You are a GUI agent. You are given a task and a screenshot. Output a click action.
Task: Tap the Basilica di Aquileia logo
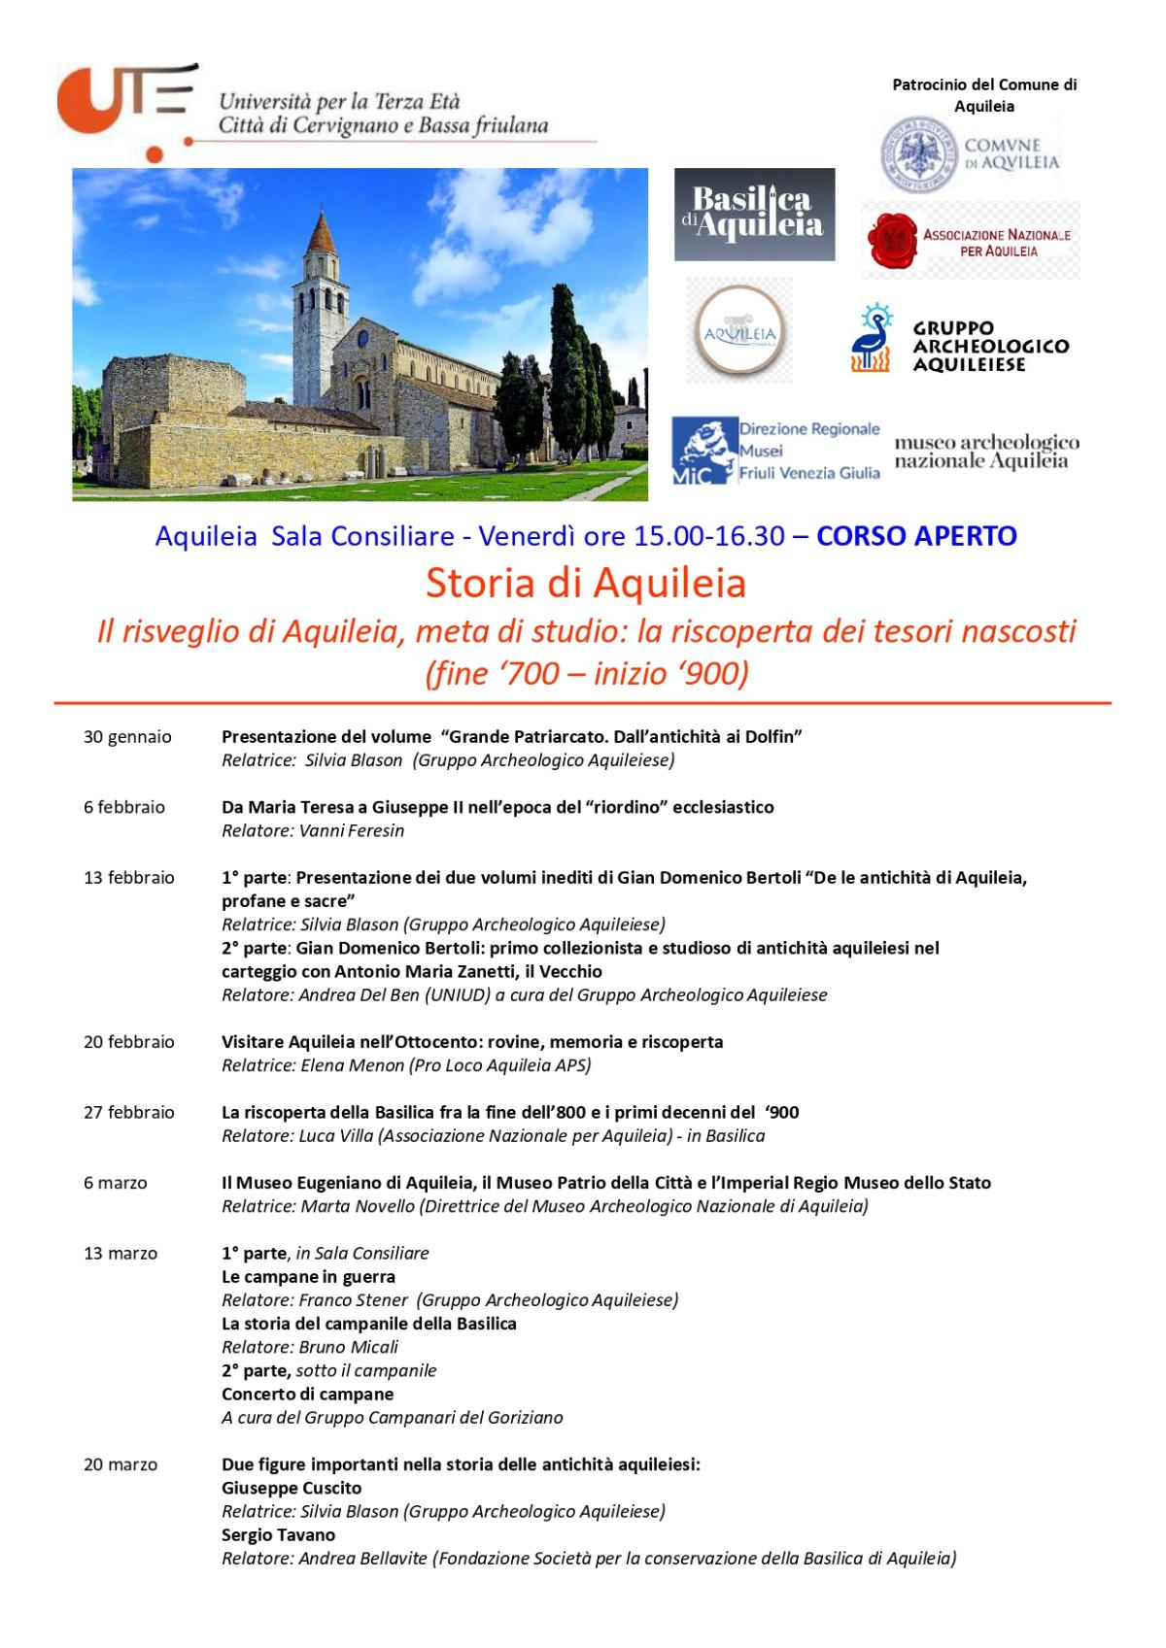coord(754,215)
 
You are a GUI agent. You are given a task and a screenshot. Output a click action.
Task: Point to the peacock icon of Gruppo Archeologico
coord(871,339)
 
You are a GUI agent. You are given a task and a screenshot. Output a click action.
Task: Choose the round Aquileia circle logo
coord(739,330)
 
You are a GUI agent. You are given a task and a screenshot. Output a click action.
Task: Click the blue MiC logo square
coord(704,451)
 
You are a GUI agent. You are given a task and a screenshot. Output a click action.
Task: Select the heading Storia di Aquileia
coord(585,584)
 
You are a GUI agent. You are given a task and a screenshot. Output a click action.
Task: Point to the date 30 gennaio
coord(127,737)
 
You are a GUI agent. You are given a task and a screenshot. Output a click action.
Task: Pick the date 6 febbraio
coord(124,807)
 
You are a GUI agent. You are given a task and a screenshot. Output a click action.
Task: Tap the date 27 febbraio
coord(129,1113)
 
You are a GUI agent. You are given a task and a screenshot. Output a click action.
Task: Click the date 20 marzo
coord(120,1465)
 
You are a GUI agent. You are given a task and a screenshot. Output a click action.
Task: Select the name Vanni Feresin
coord(352,831)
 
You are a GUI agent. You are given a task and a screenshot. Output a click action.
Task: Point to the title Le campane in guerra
coord(308,1277)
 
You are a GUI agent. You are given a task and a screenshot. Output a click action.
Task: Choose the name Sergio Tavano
coord(278,1535)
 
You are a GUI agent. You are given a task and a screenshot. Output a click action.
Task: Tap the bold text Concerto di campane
coord(307,1395)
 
